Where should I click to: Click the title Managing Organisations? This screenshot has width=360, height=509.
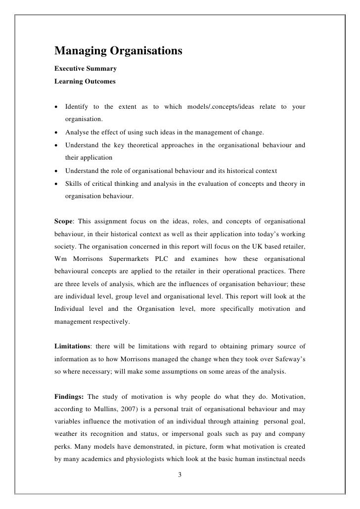118,51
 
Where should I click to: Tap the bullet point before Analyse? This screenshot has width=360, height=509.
57,134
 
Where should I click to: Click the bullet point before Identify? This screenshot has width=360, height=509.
57,107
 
